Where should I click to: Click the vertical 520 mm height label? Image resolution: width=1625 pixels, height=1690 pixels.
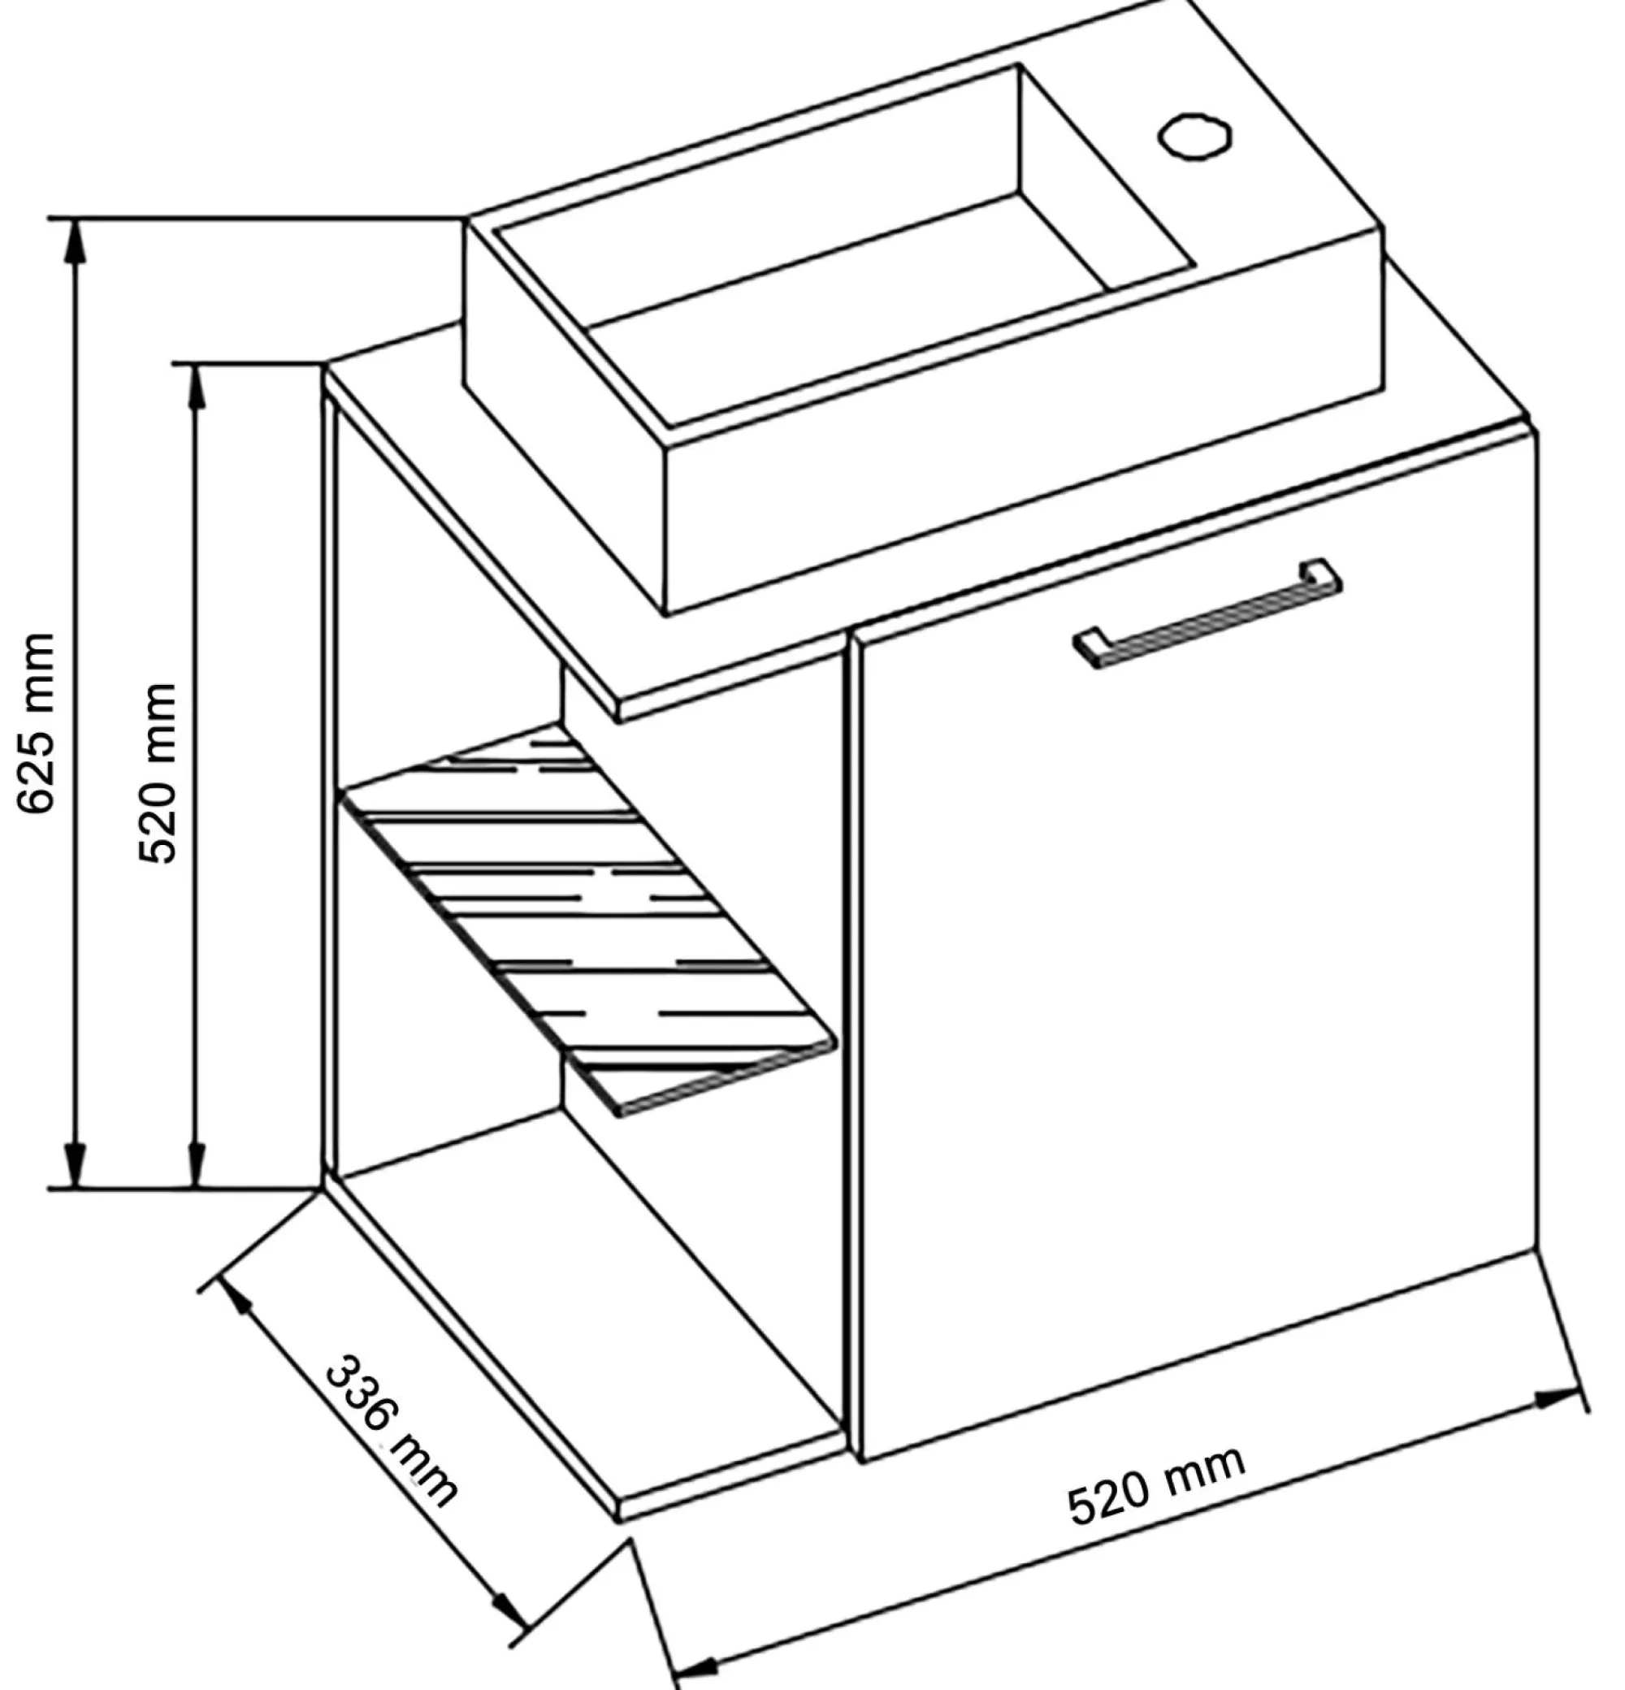pos(158,773)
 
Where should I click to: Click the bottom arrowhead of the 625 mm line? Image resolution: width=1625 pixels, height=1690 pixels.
pos(76,1166)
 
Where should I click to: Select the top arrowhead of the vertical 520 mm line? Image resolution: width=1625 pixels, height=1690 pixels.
pos(197,385)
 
